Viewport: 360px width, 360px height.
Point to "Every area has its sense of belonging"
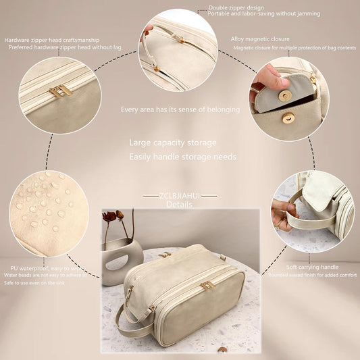[x=180, y=109]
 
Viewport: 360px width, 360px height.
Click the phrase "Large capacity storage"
[x=173, y=143]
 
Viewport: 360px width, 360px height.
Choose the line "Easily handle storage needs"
[x=182, y=157]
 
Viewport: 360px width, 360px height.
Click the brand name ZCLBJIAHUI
[x=180, y=196]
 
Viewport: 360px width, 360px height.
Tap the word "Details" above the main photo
[x=179, y=204]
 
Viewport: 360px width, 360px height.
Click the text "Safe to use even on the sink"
[x=42, y=283]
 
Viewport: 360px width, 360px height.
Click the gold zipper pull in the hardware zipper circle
[x=59, y=91]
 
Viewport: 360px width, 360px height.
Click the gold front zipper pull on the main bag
[x=207, y=286]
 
